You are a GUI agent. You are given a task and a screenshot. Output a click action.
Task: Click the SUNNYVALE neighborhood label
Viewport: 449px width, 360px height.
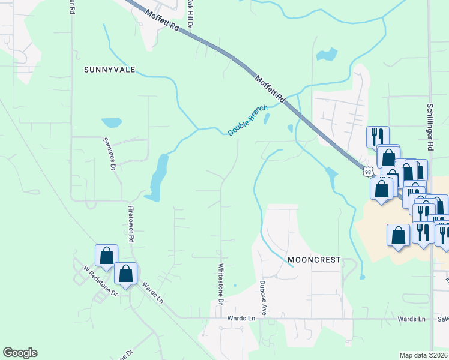pyautogui.click(x=107, y=70)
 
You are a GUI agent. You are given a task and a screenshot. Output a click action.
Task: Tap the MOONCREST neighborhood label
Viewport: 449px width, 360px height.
pyautogui.click(x=314, y=260)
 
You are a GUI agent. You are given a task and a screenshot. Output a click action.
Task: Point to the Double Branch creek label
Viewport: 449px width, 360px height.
pyautogui.click(x=247, y=124)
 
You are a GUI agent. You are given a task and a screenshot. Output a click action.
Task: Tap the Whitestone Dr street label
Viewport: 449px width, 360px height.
pyautogui.click(x=221, y=284)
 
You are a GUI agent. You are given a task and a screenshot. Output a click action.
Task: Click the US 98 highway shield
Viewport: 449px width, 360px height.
pyautogui.click(x=367, y=172)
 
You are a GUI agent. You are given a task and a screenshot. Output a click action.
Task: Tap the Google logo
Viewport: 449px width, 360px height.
pyautogui.click(x=20, y=353)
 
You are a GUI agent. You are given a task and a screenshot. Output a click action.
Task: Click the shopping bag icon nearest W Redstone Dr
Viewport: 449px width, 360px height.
pyautogui.click(x=126, y=274)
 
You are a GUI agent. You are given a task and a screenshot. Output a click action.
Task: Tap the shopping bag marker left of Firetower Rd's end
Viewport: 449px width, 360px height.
pyautogui.click(x=106, y=255)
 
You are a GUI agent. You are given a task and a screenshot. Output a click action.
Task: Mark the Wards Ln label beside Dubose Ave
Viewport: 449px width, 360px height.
pyautogui.click(x=411, y=319)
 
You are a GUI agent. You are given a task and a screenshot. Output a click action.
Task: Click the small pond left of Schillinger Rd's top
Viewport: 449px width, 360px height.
pyautogui.click(x=327, y=55)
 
